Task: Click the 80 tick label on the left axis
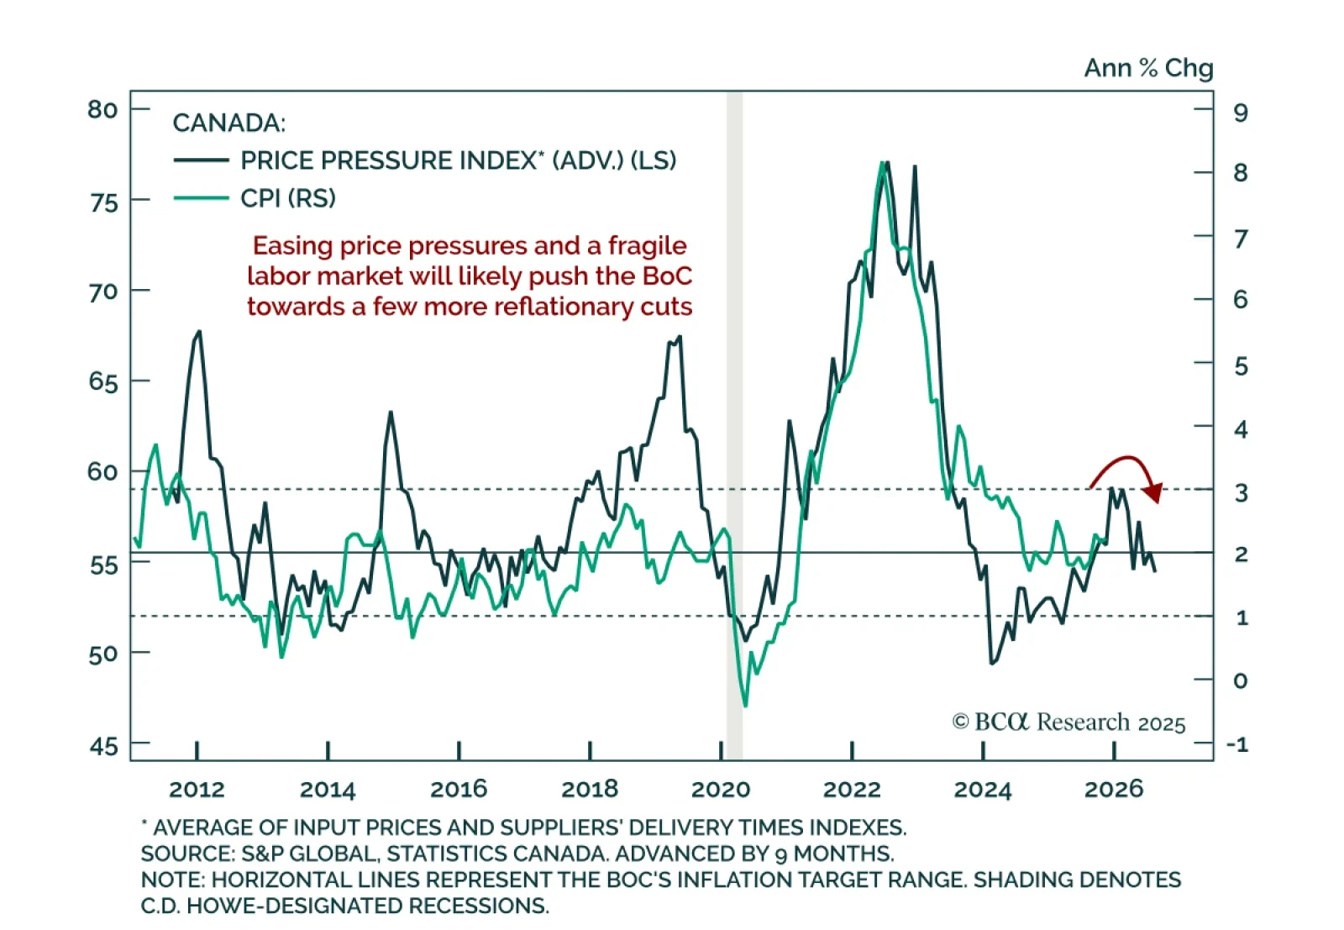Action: point(102,110)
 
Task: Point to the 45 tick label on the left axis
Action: point(103,746)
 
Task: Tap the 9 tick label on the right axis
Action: point(1241,113)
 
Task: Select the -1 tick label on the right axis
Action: point(1237,744)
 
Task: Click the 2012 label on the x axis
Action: point(197,790)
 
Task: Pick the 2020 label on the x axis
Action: point(721,790)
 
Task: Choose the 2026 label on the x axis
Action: point(1114,790)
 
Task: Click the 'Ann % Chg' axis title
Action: point(1148,68)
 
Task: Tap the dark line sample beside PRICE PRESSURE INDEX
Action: point(201,160)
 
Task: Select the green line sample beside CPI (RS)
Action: point(201,198)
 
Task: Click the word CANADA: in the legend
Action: point(228,123)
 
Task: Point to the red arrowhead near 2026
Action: point(1154,493)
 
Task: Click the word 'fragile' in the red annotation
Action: point(647,246)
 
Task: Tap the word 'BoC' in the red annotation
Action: point(667,276)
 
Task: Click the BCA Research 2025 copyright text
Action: point(1068,722)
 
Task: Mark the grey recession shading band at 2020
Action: point(734,420)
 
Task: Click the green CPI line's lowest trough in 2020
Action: point(745,705)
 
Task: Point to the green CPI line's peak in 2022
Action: point(881,163)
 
